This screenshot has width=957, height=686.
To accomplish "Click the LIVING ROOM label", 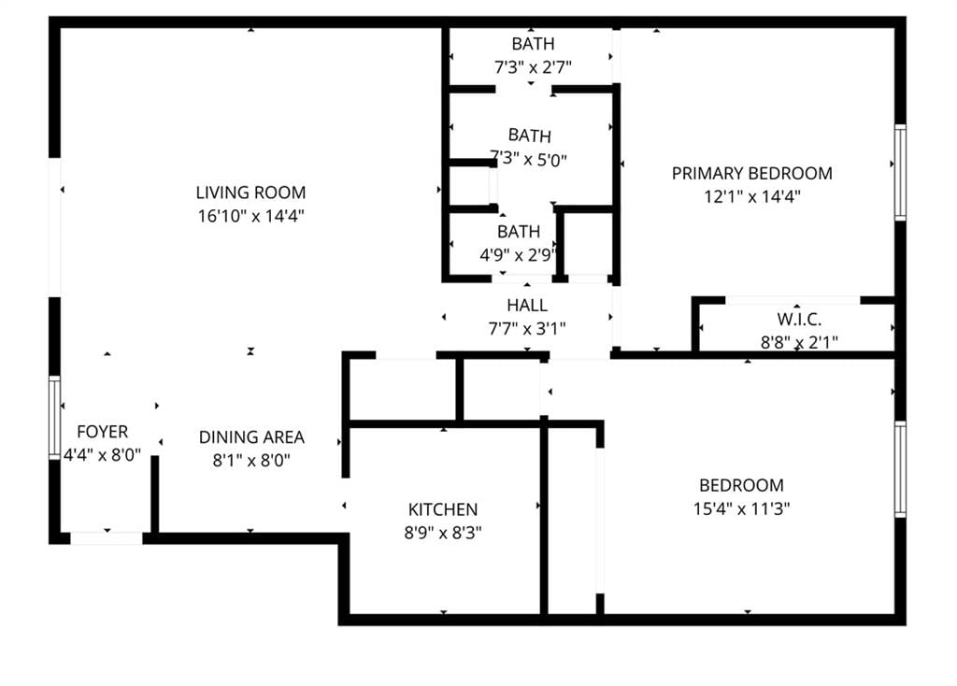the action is (250, 193).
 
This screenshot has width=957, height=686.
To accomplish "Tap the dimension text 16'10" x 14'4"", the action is (250, 216).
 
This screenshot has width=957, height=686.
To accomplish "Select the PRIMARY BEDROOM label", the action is (752, 173).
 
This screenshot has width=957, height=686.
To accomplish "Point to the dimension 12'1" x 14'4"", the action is (752, 196).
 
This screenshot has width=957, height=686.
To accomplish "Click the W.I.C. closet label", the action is (799, 320).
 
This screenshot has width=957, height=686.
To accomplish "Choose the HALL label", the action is (527, 306).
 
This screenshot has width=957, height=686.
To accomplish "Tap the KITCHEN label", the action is (443, 509).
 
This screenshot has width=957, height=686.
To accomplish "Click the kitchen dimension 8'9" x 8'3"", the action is (443, 533).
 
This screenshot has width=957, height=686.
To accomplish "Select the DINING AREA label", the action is (251, 437).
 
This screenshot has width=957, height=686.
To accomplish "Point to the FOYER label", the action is (103, 432).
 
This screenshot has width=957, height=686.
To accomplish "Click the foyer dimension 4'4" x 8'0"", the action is (103, 455).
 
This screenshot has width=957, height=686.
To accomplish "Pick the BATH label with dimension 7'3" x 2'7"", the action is (533, 44).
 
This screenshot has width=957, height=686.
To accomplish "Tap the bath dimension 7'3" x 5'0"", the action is (529, 159).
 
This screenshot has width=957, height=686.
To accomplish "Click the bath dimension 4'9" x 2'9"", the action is (518, 254).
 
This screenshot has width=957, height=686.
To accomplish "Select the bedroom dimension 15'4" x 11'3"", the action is (741, 508).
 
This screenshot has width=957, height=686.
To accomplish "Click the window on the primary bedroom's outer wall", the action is (900, 172).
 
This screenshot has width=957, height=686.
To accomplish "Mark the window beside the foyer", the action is (54, 417).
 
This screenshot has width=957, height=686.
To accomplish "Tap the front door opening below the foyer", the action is (107, 538).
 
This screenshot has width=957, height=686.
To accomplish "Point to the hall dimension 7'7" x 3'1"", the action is (527, 329).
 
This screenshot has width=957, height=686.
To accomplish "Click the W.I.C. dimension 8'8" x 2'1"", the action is (799, 342).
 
